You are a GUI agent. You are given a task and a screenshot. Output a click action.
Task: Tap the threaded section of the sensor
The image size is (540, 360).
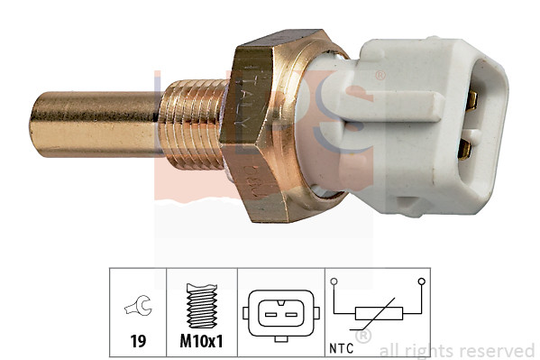click(x=194, y=124)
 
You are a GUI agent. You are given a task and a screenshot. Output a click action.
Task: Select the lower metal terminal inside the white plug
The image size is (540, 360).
click(x=464, y=147)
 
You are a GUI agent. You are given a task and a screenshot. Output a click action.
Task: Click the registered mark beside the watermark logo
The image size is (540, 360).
click(x=380, y=76)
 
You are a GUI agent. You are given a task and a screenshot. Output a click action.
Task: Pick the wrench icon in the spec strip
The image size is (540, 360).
click(x=138, y=310)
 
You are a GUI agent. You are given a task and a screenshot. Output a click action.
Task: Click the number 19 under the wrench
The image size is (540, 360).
click(x=138, y=344)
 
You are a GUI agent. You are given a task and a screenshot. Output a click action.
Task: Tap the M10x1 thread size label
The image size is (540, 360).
click(x=202, y=344)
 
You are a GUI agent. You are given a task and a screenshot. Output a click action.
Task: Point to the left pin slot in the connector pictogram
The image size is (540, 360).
click(x=269, y=313)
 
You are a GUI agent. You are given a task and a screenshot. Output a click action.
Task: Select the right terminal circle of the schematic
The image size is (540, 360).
click(x=421, y=282)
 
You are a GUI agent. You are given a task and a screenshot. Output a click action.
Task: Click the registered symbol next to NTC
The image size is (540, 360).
click(x=363, y=337)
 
